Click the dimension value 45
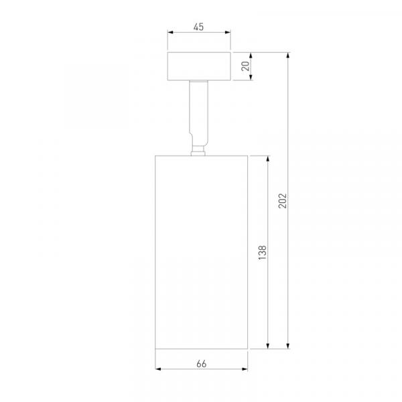pos(198,27)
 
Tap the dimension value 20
pos(246,66)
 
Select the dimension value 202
pos(282,201)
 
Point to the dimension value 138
pos(262,253)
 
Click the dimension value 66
pos(202,364)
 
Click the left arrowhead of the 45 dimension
pos(171,32)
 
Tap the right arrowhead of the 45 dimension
pos(228,32)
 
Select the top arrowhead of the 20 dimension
pos(251,56)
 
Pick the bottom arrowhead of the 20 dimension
pos(251,77)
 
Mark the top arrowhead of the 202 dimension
pos(288,56)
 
